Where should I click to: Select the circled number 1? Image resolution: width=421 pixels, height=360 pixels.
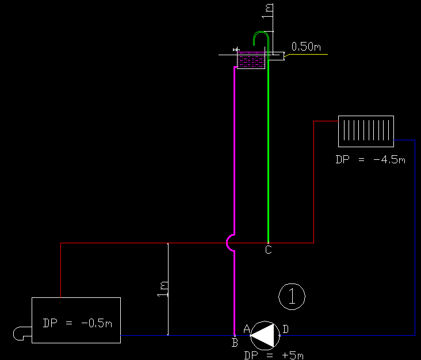click(292, 296)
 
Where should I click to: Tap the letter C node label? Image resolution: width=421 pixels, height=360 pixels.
click(268, 250)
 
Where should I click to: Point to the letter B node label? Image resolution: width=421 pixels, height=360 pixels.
click(235, 343)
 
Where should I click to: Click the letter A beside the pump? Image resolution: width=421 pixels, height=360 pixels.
click(247, 329)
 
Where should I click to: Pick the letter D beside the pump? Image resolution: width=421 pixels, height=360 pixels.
click(285, 329)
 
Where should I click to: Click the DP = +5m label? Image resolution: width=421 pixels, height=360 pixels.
click(274, 355)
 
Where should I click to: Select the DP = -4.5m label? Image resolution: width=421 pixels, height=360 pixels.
click(370, 159)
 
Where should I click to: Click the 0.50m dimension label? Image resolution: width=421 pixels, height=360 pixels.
click(306, 47)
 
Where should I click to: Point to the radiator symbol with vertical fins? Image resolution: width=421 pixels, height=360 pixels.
click(366, 131)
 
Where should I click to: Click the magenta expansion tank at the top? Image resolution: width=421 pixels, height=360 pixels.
click(251, 60)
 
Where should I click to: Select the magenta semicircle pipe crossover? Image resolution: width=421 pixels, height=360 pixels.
click(230, 243)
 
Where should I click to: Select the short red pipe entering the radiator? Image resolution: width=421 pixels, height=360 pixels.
click(326, 121)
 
